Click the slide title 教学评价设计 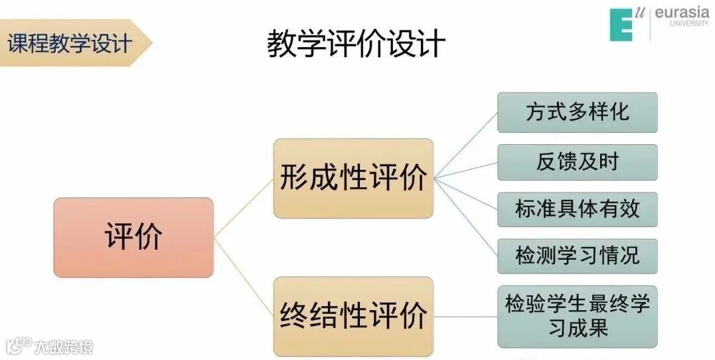click(x=356, y=44)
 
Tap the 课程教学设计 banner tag click(x=70, y=43)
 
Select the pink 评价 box click(x=133, y=237)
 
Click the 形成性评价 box click(x=353, y=178)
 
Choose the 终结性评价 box click(x=353, y=316)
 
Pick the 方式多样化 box click(x=577, y=112)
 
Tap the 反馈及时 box click(x=577, y=163)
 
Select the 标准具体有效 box click(x=577, y=209)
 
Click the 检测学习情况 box click(x=577, y=256)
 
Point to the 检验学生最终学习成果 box click(x=577, y=316)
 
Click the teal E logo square click(x=621, y=25)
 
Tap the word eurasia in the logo click(x=682, y=13)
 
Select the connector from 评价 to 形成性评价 click(x=244, y=207)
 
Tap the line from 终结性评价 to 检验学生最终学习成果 click(x=465, y=316)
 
